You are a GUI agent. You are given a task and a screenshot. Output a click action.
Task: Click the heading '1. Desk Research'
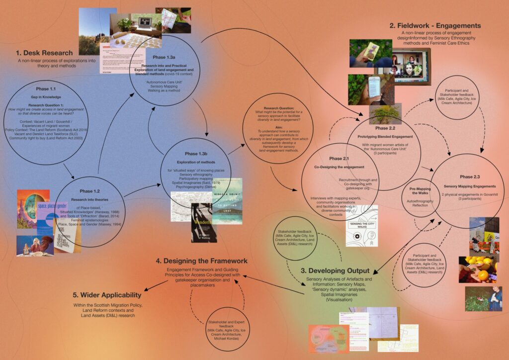point(44,53)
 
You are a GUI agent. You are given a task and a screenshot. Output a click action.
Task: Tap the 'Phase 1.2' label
point(89,191)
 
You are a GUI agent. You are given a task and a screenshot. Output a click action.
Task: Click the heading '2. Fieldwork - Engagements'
point(435,25)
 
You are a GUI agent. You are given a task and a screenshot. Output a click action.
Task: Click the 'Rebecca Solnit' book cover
point(227,199)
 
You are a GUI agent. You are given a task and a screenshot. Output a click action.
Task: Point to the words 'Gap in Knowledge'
point(45,97)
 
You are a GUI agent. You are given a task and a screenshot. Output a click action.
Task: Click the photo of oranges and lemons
point(477,270)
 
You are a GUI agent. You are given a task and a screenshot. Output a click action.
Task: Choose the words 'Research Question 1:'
point(45,106)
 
